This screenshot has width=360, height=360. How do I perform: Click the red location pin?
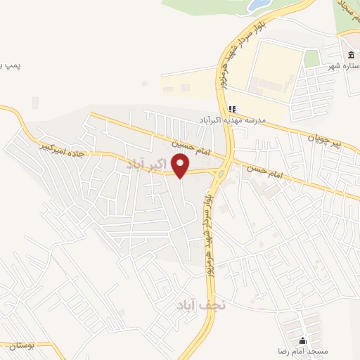[181, 165]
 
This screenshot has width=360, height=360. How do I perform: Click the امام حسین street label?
[188, 143]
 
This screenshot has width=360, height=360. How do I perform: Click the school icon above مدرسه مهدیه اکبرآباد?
[232, 109]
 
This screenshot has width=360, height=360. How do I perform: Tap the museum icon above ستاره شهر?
[350, 56]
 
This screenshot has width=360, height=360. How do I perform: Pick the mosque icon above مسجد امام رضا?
[303, 340]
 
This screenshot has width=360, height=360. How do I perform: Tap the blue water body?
[257, 5]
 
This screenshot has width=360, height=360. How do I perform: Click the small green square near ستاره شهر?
[311, 59]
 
